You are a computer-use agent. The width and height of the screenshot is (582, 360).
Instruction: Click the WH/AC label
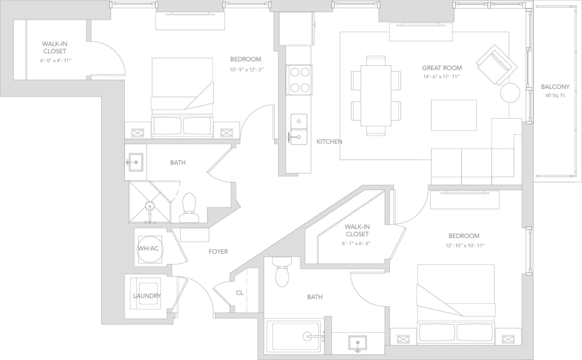148,248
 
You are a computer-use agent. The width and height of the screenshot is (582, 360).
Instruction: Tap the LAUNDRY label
147,296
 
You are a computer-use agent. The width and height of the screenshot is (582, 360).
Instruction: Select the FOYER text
218,251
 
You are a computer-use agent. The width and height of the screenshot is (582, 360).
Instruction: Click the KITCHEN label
329,142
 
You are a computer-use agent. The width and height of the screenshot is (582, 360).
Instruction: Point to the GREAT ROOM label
442,68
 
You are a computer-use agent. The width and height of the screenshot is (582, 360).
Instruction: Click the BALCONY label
555,86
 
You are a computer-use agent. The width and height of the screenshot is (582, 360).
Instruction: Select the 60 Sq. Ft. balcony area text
555,95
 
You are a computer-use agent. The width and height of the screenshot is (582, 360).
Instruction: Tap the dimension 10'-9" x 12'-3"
246,69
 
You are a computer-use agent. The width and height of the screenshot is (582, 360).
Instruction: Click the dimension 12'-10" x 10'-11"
463,245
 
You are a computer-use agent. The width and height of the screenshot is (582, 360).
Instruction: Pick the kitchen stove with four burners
299,80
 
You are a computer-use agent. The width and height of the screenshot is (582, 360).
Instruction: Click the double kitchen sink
299,129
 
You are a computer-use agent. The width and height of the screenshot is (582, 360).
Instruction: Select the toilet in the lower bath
282,272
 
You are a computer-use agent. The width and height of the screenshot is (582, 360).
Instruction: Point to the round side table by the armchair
510,93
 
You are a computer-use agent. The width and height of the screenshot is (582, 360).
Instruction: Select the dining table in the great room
376,96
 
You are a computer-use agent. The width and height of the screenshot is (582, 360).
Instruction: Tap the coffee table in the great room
453,115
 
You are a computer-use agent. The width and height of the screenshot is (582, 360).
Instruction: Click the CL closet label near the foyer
240,293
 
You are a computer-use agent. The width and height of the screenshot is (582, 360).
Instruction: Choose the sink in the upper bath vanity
135,162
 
